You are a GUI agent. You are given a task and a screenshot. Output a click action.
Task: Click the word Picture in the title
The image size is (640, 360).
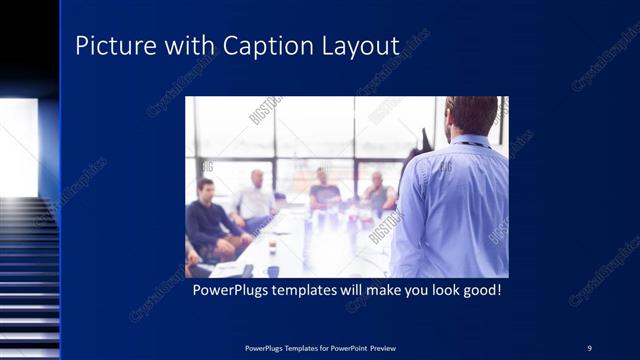click(110, 46)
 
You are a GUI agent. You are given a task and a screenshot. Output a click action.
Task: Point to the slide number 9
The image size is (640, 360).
click(589, 347)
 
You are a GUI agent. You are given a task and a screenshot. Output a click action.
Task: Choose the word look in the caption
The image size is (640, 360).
click(433, 291)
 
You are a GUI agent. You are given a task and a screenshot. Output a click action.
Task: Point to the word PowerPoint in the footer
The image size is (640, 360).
click(347, 348)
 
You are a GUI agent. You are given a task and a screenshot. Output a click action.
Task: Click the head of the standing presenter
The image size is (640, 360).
click(472, 115)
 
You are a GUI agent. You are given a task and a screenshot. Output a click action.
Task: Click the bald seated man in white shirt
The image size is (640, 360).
click(256, 198)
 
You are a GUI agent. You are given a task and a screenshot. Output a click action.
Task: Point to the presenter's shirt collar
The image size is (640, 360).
click(468, 139)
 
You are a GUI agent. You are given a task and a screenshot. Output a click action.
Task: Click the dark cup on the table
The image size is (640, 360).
click(272, 270)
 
